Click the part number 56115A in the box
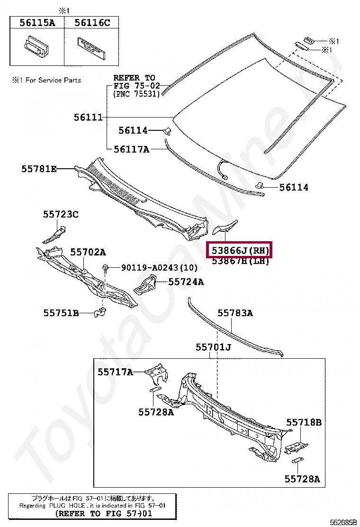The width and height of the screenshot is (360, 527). [37, 22]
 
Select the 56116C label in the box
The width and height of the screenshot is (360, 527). [92, 22]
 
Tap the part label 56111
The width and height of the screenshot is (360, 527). [88, 117]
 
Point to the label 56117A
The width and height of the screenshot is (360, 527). [131, 149]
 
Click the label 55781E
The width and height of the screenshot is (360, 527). [39, 168]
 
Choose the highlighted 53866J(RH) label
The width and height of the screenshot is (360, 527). [240, 250]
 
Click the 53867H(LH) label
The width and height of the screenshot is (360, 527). [240, 261]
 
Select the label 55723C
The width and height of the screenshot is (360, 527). [61, 214]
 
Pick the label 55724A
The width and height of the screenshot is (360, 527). [186, 282]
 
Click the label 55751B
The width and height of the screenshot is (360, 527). [61, 313]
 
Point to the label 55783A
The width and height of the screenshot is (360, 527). [235, 313]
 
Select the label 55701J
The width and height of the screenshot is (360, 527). [213, 348]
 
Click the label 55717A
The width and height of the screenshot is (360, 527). [116, 372]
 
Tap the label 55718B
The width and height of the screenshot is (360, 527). [303, 422]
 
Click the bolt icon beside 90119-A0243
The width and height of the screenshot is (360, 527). [104, 269]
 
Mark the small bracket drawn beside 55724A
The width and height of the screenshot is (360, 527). [146, 284]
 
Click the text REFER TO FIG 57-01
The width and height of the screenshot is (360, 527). [104, 513]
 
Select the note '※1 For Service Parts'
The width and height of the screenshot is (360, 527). [46, 81]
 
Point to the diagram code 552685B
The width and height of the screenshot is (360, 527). [343, 522]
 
